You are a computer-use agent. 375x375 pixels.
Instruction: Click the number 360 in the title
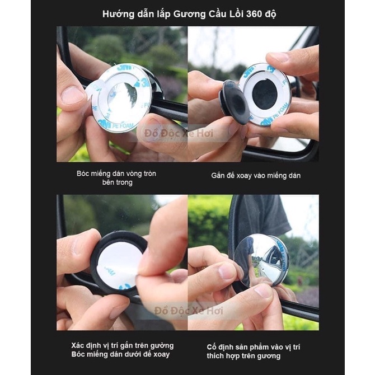coord(254,14)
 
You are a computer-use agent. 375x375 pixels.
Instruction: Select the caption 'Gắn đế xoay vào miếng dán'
coord(256,176)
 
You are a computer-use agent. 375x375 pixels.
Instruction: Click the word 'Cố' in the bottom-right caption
coord(212,347)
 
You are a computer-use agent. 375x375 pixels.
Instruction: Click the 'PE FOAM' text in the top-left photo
coord(123,126)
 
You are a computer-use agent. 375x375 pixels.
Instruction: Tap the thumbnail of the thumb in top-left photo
coord(72,95)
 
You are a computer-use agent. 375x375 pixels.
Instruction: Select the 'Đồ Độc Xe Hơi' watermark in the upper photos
coord(179,133)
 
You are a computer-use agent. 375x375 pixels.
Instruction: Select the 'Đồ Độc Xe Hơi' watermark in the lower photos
coord(189,311)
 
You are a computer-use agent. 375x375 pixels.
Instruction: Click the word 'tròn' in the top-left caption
coord(149,174)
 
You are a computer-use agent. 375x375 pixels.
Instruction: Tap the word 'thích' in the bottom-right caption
coord(215,355)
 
